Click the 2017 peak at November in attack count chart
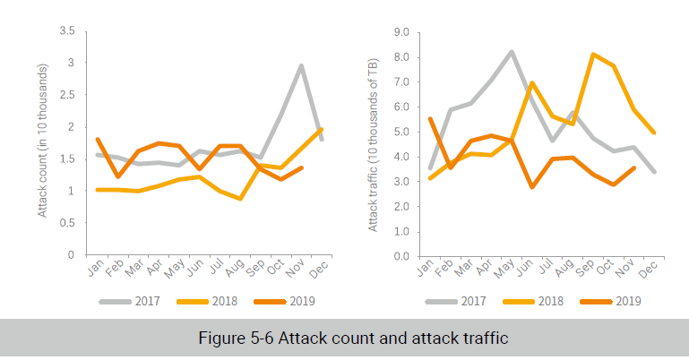(x=301, y=65)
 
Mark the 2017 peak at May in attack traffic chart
(x=511, y=52)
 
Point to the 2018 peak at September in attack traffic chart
(x=592, y=55)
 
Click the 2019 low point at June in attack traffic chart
(x=532, y=186)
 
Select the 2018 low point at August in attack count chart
(x=240, y=199)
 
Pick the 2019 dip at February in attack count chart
(x=117, y=176)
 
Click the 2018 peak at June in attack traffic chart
(x=532, y=83)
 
